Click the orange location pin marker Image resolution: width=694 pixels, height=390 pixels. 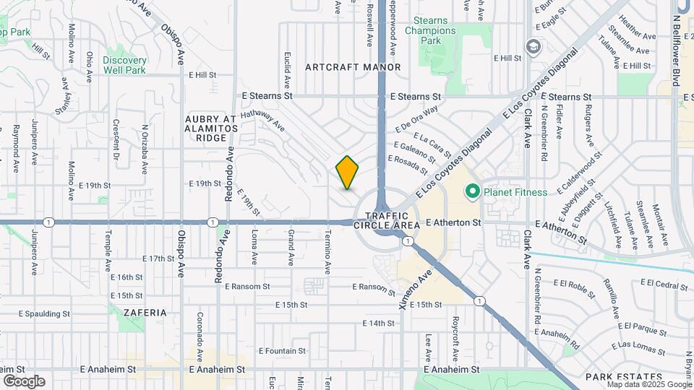[x=348, y=173]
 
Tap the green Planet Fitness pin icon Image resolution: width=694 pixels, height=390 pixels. [x=473, y=191]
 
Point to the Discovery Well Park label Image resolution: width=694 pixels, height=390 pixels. [x=124, y=65]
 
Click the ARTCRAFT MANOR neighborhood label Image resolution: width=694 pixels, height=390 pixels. [x=353, y=67]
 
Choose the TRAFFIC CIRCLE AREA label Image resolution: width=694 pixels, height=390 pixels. [x=386, y=220]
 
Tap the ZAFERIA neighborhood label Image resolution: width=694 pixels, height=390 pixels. [x=145, y=313]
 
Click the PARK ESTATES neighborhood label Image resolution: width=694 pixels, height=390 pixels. [x=624, y=377]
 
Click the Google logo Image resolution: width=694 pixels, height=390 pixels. [x=24, y=381]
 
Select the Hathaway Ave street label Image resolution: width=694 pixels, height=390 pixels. [x=263, y=120]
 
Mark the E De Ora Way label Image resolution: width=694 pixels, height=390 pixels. [x=417, y=119]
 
